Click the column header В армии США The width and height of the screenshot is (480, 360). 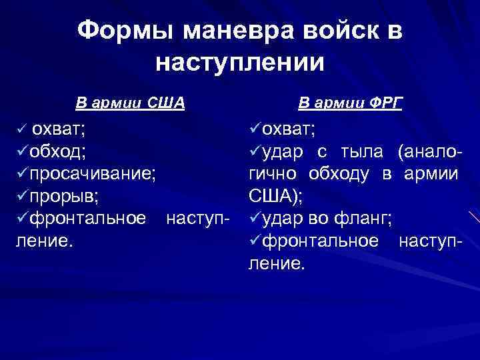130,103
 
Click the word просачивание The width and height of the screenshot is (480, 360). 93,174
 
